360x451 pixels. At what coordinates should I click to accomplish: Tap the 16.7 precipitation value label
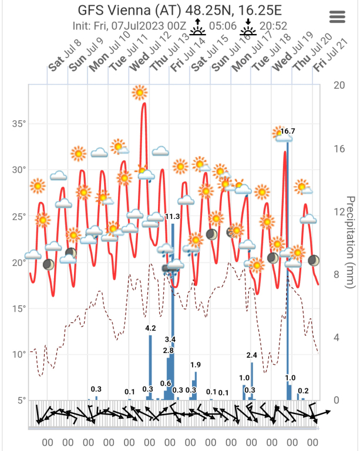coord(288,132)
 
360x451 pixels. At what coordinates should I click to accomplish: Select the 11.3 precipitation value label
coord(172,217)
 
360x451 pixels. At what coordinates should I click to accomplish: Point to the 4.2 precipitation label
coord(150,328)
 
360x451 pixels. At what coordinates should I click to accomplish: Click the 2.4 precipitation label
coord(252,355)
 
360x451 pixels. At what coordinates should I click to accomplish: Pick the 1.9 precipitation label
coord(196,365)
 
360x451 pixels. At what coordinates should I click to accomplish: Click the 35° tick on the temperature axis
coord(19,124)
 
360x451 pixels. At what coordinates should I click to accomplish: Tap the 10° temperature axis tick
coord(19,354)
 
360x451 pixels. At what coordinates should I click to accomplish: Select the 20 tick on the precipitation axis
coord(338,85)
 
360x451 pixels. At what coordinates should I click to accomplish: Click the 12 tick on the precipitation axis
coord(338,211)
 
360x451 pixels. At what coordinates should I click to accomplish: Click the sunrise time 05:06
coord(223,26)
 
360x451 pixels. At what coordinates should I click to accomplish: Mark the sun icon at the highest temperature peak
coord(139,92)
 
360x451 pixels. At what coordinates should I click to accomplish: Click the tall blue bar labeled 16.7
coord(287,264)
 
